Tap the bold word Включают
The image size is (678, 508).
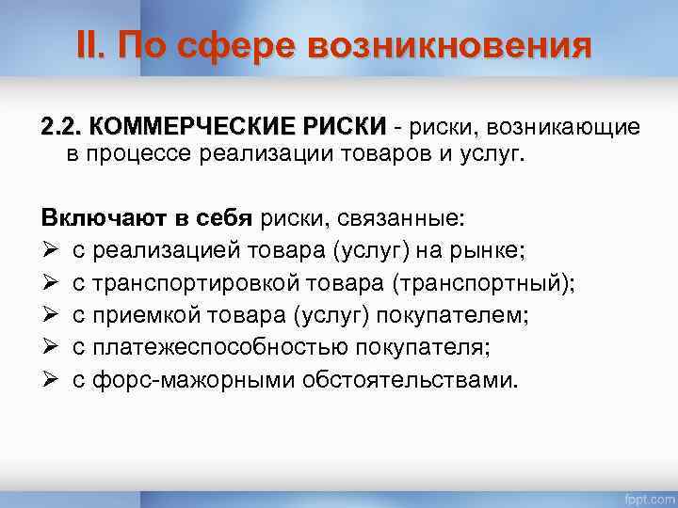101,219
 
